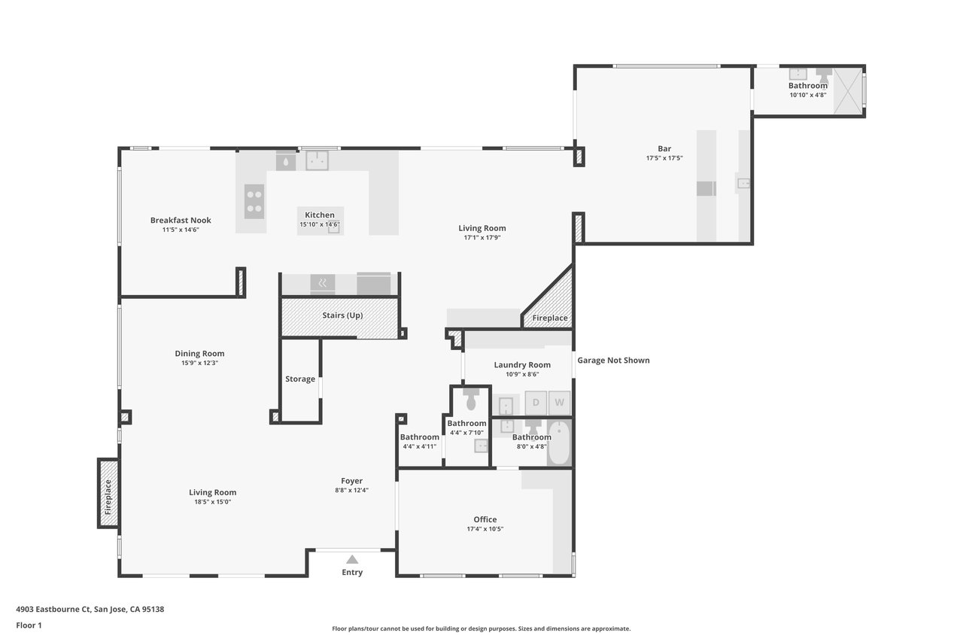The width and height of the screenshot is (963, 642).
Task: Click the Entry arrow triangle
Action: tap(352, 559)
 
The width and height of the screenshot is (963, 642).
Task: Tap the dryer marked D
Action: tap(536, 403)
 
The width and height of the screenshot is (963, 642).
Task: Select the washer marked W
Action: tap(559, 403)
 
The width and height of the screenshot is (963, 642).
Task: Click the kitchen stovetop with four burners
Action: tap(254, 201)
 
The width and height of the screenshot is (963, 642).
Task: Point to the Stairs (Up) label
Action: tap(342, 315)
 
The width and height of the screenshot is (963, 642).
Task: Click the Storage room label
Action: tap(300, 379)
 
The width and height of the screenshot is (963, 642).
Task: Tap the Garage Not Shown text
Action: tap(613, 361)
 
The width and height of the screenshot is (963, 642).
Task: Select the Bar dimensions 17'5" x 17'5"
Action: tap(664, 158)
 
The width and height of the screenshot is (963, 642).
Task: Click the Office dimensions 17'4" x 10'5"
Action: tap(485, 529)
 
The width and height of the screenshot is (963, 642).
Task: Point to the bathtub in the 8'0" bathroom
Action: tap(559, 443)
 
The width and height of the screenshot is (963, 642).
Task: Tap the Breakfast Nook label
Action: tap(181, 221)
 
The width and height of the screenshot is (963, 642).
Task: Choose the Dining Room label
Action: tap(199, 354)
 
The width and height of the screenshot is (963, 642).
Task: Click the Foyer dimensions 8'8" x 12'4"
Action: tap(351, 490)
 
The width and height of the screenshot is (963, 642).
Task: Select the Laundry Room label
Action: tap(522, 364)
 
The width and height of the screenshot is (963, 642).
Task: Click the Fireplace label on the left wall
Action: tap(108, 497)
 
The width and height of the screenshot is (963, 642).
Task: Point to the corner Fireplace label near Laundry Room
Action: tap(550, 318)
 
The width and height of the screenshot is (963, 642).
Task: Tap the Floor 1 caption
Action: tap(29, 625)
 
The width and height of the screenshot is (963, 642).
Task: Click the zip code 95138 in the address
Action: tap(153, 609)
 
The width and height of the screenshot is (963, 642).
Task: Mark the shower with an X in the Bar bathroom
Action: tap(848, 91)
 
